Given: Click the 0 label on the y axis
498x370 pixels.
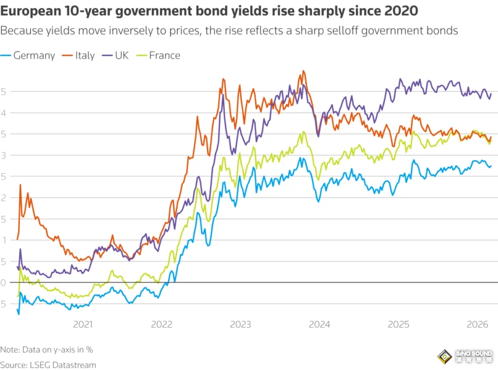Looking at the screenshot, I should point(4,283).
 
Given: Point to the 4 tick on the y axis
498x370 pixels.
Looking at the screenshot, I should point(4,113).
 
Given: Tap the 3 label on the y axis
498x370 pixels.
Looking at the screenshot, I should point(4,155).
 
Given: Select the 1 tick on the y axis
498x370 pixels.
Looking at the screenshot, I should point(4,240).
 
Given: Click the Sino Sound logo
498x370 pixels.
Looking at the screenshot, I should point(465,357).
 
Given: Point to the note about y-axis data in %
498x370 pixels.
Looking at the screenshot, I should point(46,349).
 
